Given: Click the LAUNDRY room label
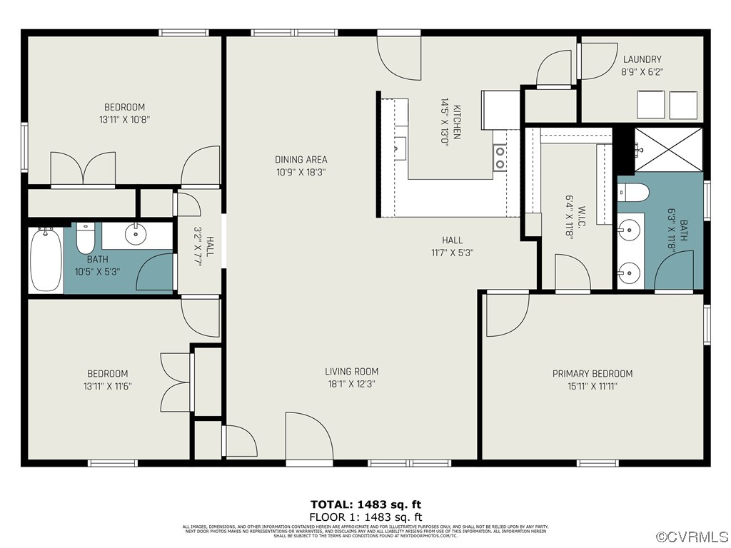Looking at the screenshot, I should pyautogui.click(x=642, y=59).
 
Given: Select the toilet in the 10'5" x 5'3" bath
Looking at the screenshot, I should pyautogui.click(x=86, y=239).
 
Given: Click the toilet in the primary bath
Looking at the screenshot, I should pyautogui.click(x=633, y=192).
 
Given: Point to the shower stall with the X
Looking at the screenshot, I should pyautogui.click(x=668, y=148).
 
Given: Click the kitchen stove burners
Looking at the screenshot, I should pyautogui.click(x=500, y=157).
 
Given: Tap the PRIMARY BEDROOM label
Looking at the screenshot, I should pyautogui.click(x=592, y=373).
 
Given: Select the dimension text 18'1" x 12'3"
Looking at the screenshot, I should pyautogui.click(x=351, y=384).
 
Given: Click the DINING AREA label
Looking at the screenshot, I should pyautogui.click(x=301, y=159).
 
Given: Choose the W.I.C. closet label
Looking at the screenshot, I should pyautogui.click(x=582, y=213).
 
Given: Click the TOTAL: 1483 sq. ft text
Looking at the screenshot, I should pyautogui.click(x=365, y=504).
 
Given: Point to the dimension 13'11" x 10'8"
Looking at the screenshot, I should pyautogui.click(x=125, y=120).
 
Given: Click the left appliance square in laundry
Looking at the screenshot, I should pyautogui.click(x=650, y=106).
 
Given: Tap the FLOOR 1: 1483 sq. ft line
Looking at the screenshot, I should pyautogui.click(x=365, y=517).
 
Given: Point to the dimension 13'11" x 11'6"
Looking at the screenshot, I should pyautogui.click(x=108, y=386).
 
